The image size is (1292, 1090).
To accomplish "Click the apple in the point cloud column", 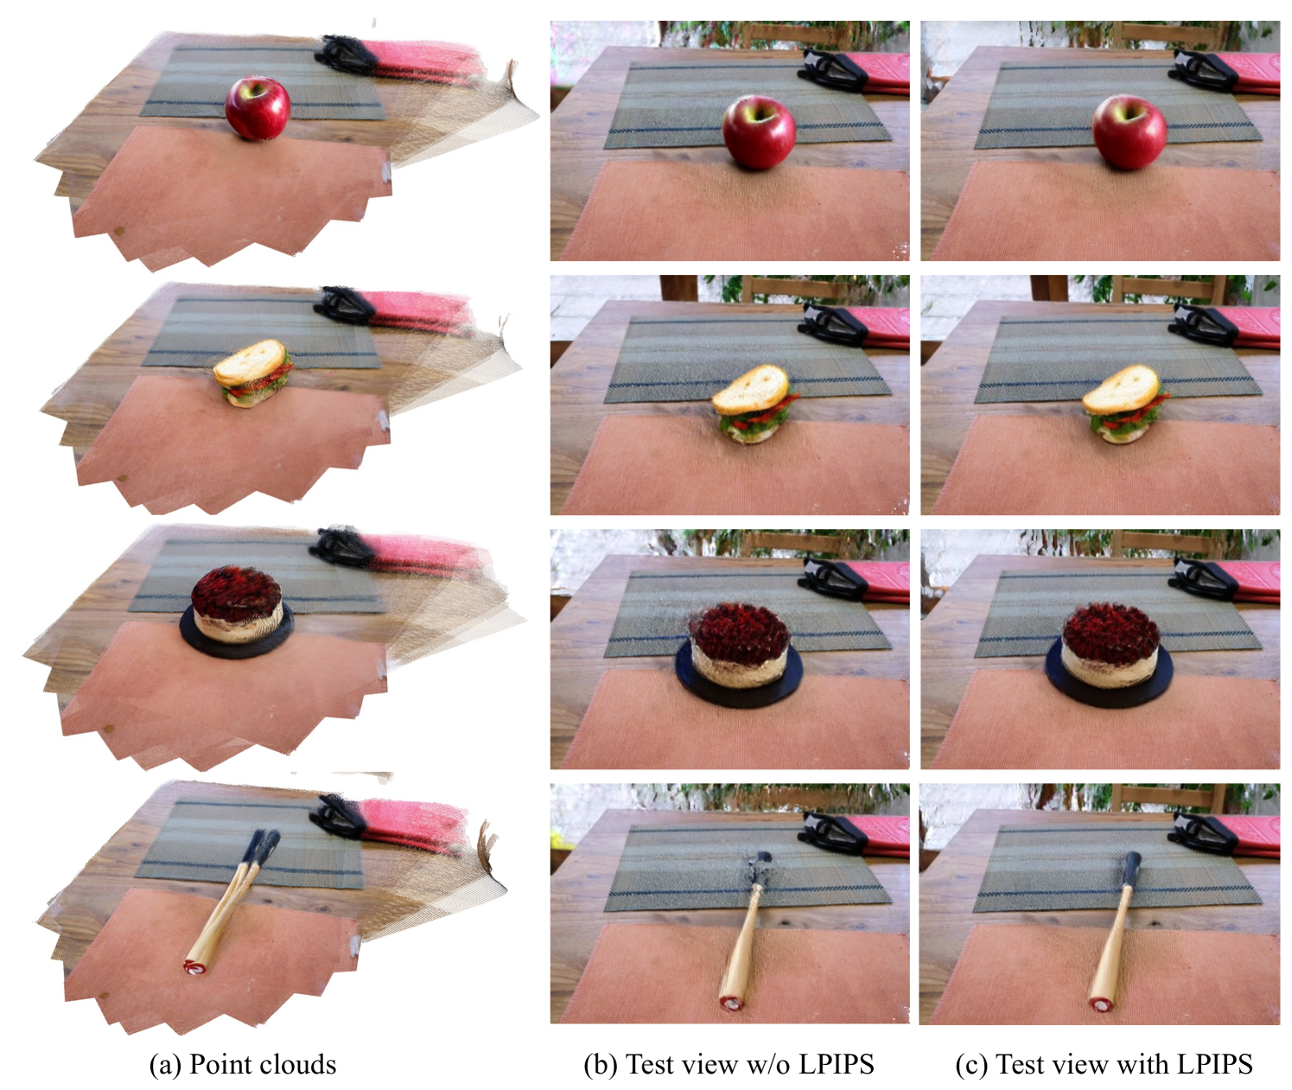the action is [258, 109].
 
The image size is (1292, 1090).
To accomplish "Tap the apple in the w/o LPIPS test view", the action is [760, 132].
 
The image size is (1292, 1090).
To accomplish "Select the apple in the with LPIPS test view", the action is [1130, 132].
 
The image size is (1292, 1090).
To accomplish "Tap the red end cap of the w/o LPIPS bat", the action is [731, 1002].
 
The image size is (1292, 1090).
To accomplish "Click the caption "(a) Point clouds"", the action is [243, 1065].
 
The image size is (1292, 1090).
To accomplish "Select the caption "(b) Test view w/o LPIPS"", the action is [729, 1065].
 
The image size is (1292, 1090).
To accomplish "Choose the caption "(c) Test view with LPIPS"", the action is [1104, 1065].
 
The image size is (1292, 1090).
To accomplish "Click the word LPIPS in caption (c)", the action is [1214, 1065].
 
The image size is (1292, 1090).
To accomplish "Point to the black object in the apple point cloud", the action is [346, 54].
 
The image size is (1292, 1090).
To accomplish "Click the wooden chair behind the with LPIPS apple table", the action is [1163, 34].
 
